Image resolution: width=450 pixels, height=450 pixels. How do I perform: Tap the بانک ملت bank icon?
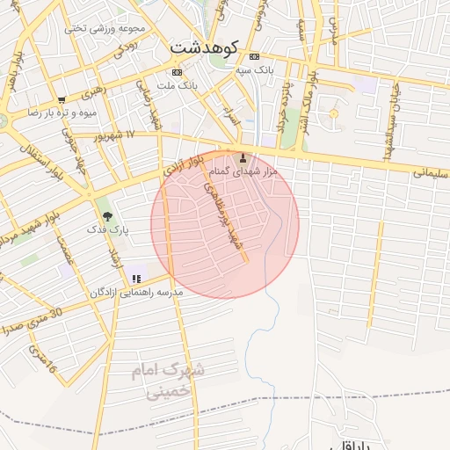click(x=178, y=71)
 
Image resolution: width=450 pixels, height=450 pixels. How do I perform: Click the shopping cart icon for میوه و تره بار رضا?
click(x=62, y=100)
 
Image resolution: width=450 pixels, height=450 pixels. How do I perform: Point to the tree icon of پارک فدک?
click(x=107, y=214)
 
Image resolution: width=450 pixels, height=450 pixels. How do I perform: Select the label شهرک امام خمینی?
click(x=168, y=380)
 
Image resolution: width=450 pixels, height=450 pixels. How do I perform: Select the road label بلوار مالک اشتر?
click(x=309, y=98)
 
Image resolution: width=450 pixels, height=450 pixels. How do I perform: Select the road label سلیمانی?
click(x=430, y=173)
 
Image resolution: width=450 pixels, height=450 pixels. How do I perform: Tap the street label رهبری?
click(x=92, y=91)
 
